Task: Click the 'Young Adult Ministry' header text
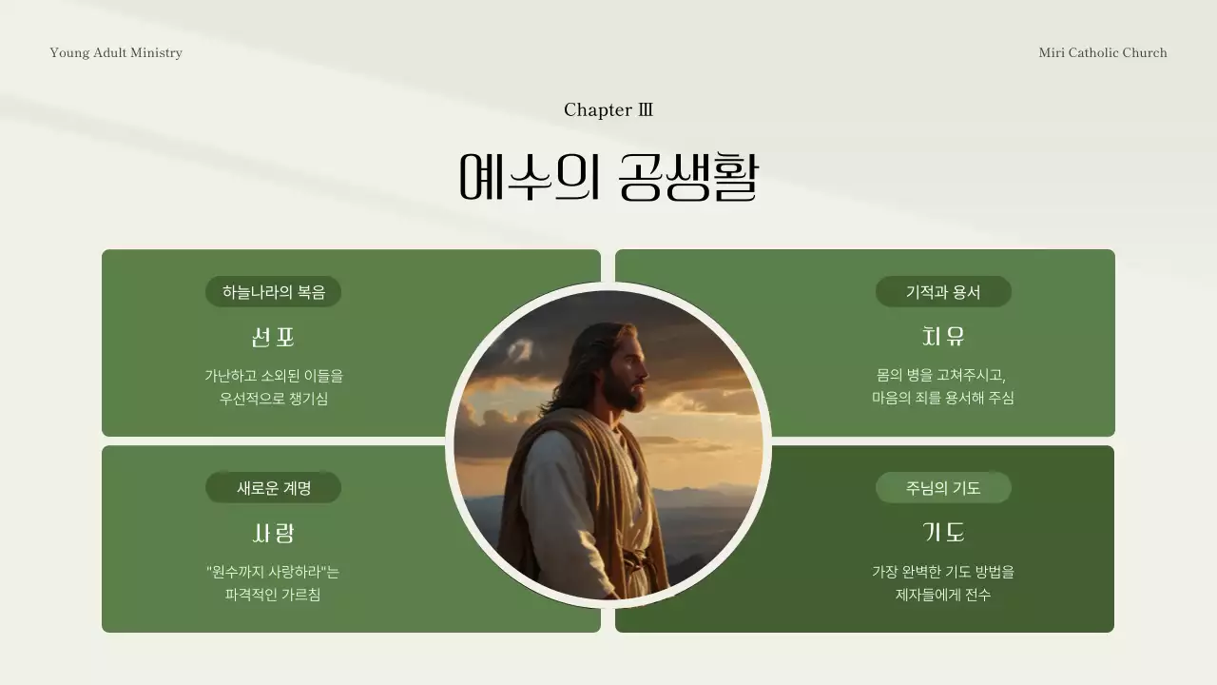coord(116,52)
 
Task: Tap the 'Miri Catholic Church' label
coord(1102,52)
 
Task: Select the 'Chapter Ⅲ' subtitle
coord(608,109)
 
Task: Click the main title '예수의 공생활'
coord(608,177)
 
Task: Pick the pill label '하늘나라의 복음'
coord(273,292)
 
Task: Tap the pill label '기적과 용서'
coord(943,292)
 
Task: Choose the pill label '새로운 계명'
coord(273,488)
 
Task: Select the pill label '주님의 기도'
coord(943,488)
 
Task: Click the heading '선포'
coord(273,337)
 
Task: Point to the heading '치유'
coord(943,337)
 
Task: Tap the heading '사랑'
coord(273,533)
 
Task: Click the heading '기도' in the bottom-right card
coord(943,533)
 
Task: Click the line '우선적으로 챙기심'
coord(273,399)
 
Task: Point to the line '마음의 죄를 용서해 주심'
coord(943,398)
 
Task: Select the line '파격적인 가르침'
coord(273,595)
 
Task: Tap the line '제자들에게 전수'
coord(943,595)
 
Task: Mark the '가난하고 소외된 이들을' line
coord(273,376)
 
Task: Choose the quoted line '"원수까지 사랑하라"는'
coord(273,572)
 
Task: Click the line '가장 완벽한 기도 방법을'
coord(943,572)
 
